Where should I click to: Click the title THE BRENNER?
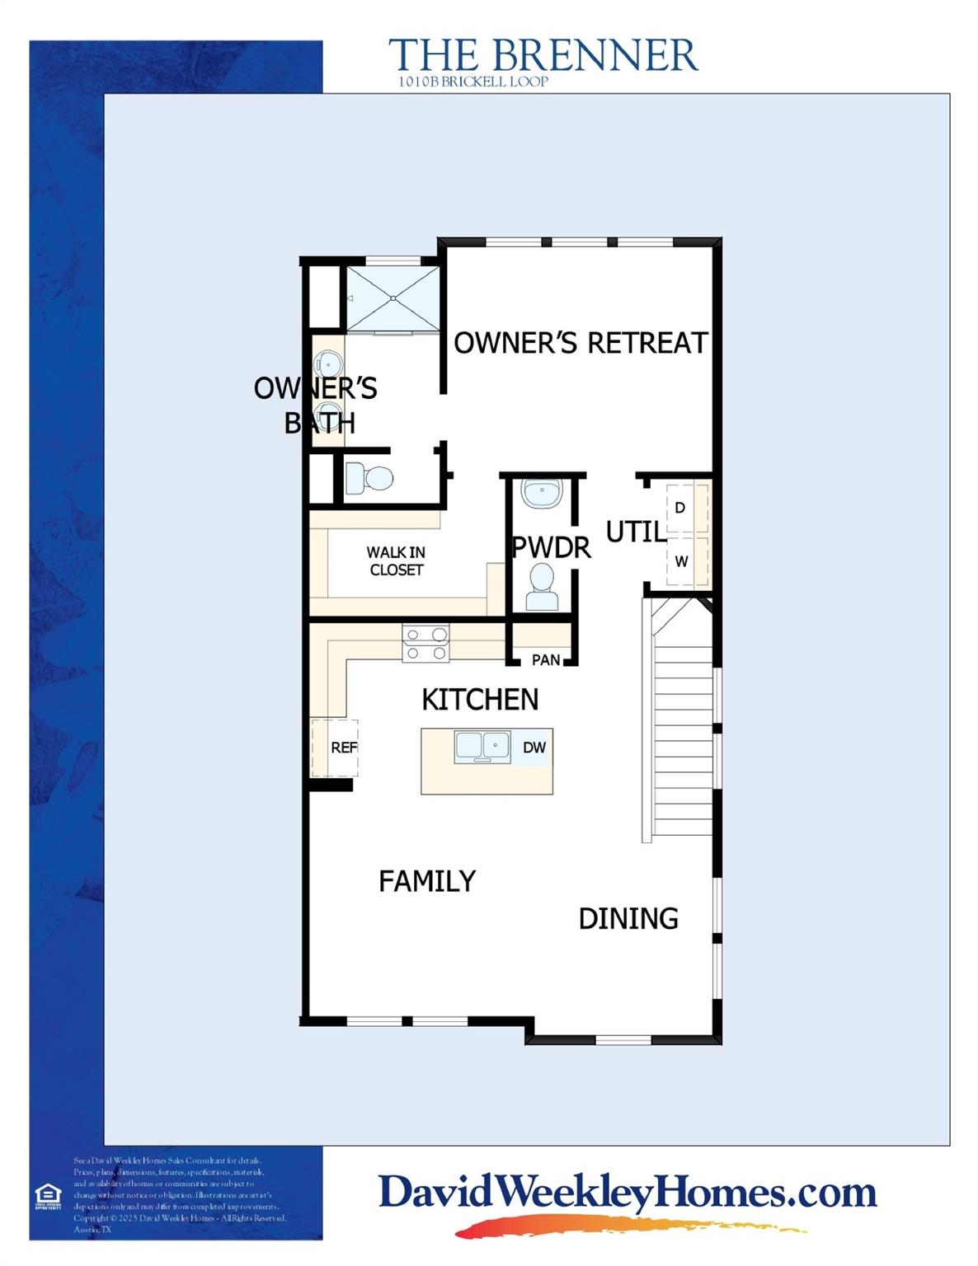pyautogui.click(x=543, y=55)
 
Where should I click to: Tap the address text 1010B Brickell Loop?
pyautogui.click(x=473, y=82)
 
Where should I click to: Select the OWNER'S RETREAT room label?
pyautogui.click(x=581, y=343)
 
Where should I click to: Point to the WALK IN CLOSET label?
pyautogui.click(x=397, y=561)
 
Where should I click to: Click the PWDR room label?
pyautogui.click(x=552, y=547)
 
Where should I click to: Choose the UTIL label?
pyautogui.click(x=636, y=532)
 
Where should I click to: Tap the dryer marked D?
pyautogui.click(x=680, y=508)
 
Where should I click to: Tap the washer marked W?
pyautogui.click(x=681, y=561)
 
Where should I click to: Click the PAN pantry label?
pyautogui.click(x=546, y=659)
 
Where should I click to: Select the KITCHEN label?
pyautogui.click(x=480, y=700)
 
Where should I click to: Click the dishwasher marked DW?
pyautogui.click(x=534, y=748)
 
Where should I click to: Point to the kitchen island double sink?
pyautogui.click(x=482, y=747)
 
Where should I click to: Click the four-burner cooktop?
pyautogui.click(x=426, y=644)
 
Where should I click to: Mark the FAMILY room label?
pyautogui.click(x=427, y=881)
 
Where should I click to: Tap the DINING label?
pyautogui.click(x=628, y=918)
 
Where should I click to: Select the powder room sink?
pyautogui.click(x=542, y=494)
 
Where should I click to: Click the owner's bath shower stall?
pyautogui.click(x=392, y=298)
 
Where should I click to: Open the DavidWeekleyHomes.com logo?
pyautogui.click(x=627, y=1193)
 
